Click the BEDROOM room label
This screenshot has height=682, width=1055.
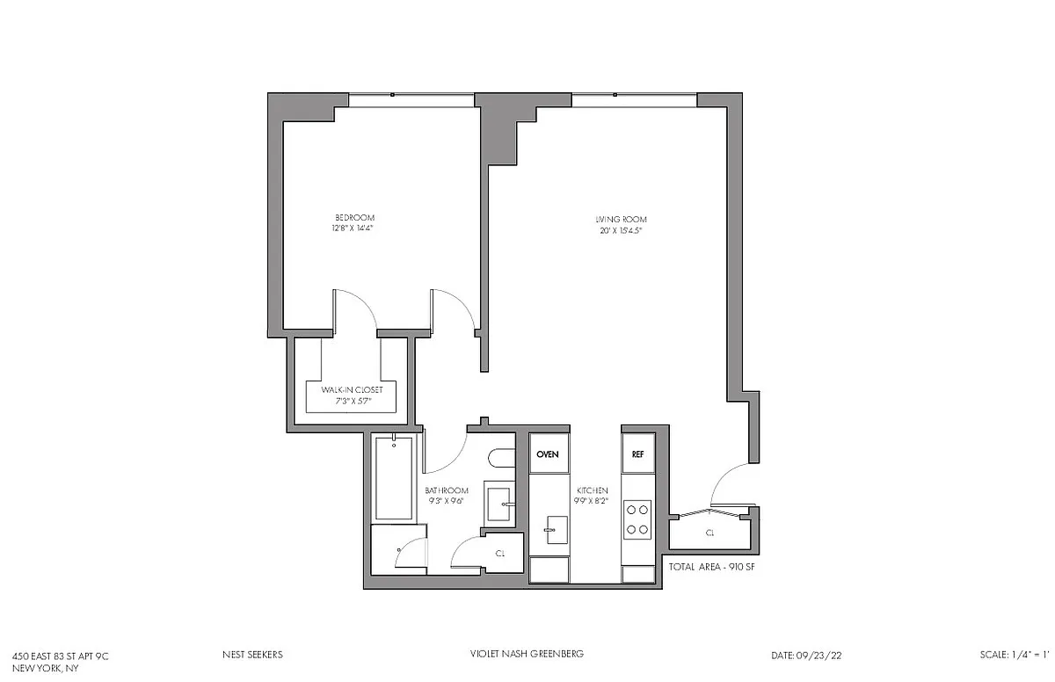(x=354, y=217)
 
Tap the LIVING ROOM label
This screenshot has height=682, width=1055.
(x=621, y=220)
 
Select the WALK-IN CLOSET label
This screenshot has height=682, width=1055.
(x=352, y=389)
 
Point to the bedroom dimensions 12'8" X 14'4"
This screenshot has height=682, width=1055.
(x=353, y=229)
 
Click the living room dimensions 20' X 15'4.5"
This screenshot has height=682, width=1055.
(x=621, y=230)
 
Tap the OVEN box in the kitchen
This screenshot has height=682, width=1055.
(x=549, y=453)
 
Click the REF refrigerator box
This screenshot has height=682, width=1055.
(x=638, y=453)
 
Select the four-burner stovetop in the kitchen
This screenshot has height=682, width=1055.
(x=637, y=519)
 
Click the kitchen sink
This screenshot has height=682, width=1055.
(x=557, y=530)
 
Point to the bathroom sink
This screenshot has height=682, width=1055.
(x=498, y=504)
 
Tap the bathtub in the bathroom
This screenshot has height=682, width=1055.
(x=394, y=478)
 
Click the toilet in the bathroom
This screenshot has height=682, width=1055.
(x=502, y=459)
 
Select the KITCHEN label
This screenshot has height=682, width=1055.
(x=592, y=490)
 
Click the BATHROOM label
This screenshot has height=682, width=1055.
(x=447, y=490)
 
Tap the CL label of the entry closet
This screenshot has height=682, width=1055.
(x=709, y=533)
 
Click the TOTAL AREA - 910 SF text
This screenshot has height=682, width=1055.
(x=711, y=567)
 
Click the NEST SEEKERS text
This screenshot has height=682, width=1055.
(x=252, y=655)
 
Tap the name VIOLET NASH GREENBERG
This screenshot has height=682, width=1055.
(x=527, y=654)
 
